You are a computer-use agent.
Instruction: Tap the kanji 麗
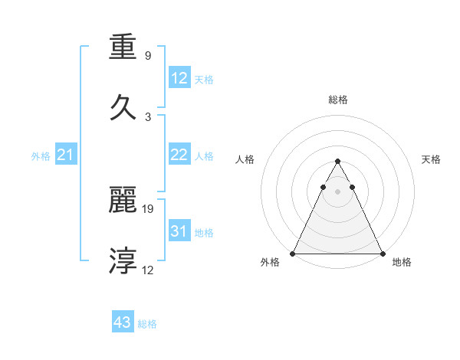pos(124,201)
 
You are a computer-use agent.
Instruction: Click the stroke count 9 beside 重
pos(147,56)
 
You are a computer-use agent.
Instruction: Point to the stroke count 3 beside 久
pos(147,116)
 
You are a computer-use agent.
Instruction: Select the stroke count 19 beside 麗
pos(149,208)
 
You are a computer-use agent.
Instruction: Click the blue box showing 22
pos(179,155)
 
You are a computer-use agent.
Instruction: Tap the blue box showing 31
pos(179,231)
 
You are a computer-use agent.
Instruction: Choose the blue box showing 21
pos(66,155)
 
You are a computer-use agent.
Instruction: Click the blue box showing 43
pos(123,322)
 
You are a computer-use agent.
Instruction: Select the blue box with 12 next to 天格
pos(179,78)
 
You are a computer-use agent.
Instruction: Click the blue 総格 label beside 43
pos(147,324)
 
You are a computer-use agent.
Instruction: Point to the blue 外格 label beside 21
pos(41,156)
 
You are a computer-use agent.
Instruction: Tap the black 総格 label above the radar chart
pos(337,100)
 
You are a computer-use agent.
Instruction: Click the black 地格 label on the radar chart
pos(402,262)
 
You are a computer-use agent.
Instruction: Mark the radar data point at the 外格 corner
pos(293,253)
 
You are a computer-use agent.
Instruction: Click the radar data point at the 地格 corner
pos(382,253)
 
